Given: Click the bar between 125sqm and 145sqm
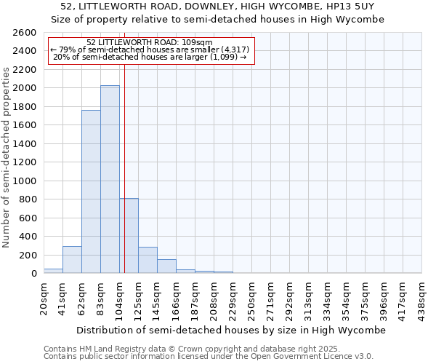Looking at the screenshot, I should point(148,261).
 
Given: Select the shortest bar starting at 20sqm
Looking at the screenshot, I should point(53,271).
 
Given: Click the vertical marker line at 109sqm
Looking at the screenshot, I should point(124,146).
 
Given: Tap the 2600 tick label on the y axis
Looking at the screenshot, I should point(25,33).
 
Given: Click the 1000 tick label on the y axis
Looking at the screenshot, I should point(25,181).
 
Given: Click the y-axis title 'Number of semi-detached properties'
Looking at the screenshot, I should point(7,157).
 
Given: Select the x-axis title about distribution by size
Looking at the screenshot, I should point(232,330).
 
